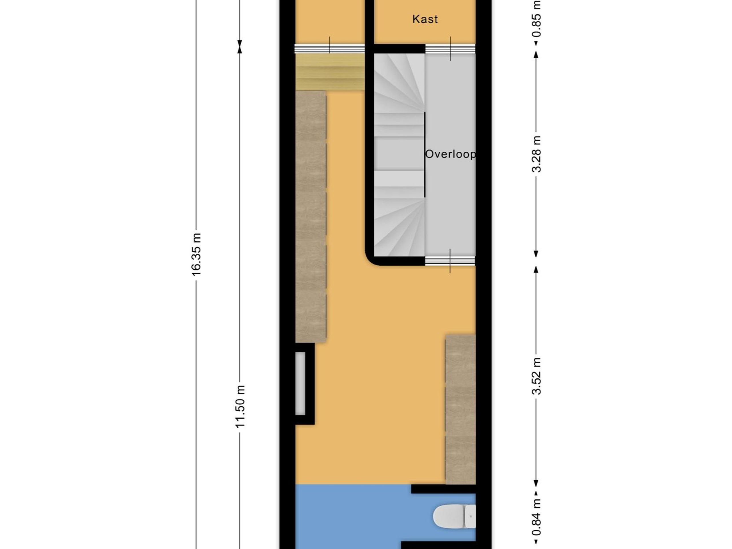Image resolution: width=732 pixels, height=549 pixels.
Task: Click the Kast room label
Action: point(425,19)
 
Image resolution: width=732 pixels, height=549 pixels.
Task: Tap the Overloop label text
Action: point(450,154)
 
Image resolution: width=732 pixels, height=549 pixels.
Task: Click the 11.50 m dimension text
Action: point(240,406)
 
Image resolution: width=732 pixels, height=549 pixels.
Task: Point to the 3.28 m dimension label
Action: point(536,154)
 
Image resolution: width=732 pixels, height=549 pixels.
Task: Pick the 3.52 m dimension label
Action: point(536,376)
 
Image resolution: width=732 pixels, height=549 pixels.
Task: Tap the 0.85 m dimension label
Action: point(536,19)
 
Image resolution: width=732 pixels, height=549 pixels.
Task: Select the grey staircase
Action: point(399,156)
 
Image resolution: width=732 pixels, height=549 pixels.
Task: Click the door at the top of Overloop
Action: point(450,49)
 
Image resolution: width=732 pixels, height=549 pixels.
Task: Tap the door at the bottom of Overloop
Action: point(450,261)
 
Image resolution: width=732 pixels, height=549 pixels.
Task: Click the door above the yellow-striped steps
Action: point(330,49)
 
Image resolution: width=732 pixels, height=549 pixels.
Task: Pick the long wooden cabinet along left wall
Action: point(311,217)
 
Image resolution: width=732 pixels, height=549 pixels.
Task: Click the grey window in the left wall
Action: point(300,383)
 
